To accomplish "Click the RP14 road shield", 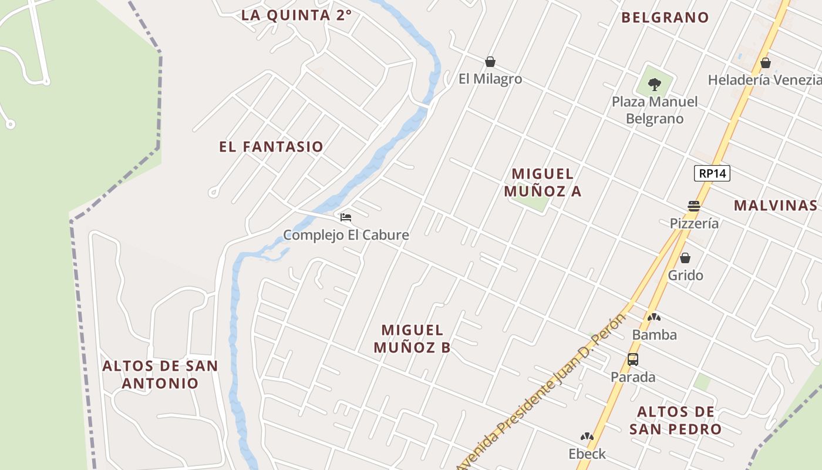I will (x=712, y=173).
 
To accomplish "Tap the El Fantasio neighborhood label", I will (x=271, y=147).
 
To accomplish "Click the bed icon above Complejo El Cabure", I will (x=346, y=217).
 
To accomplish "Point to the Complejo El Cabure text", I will (x=346, y=235).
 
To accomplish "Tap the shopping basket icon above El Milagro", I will (x=490, y=62).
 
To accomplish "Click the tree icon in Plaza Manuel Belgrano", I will (x=655, y=85).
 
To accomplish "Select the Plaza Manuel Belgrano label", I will (x=655, y=110).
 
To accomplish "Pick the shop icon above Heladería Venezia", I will (x=765, y=62).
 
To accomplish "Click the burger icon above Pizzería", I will (x=694, y=206).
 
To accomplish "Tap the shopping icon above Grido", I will (x=685, y=258).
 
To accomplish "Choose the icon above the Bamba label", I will (x=654, y=317).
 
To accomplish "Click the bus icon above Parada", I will (x=632, y=359).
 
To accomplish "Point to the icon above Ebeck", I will (x=587, y=437).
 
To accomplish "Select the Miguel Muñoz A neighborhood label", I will (x=543, y=182).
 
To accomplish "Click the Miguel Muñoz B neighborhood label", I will (x=412, y=338).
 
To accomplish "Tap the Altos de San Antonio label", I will (x=160, y=374).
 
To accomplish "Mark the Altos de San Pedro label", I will (x=675, y=420).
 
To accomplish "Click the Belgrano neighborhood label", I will (x=665, y=18).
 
